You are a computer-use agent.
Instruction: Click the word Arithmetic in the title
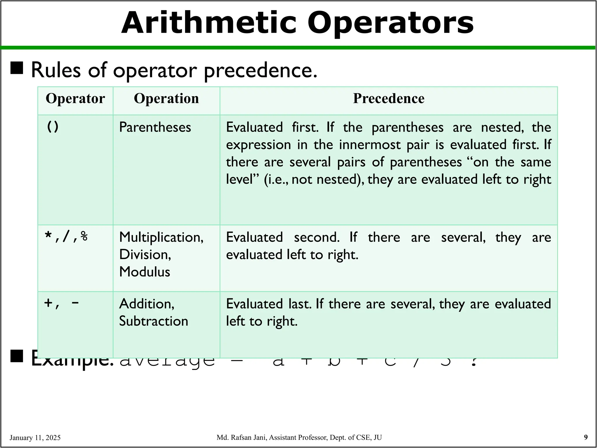tap(209, 23)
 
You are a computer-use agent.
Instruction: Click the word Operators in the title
tap(390, 23)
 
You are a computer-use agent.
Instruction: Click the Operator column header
tap(75, 99)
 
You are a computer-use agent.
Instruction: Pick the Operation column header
tap(166, 99)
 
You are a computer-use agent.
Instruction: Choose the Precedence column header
tap(389, 99)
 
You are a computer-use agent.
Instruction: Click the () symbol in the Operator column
tap(52, 127)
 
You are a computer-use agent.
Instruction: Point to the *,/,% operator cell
tap(66, 237)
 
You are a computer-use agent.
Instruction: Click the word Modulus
tap(145, 272)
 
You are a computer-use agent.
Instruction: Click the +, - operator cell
tap(62, 303)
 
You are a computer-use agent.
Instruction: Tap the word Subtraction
tap(154, 321)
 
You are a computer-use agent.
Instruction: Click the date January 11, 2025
tap(35, 437)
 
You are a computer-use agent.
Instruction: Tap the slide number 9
tap(586, 437)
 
